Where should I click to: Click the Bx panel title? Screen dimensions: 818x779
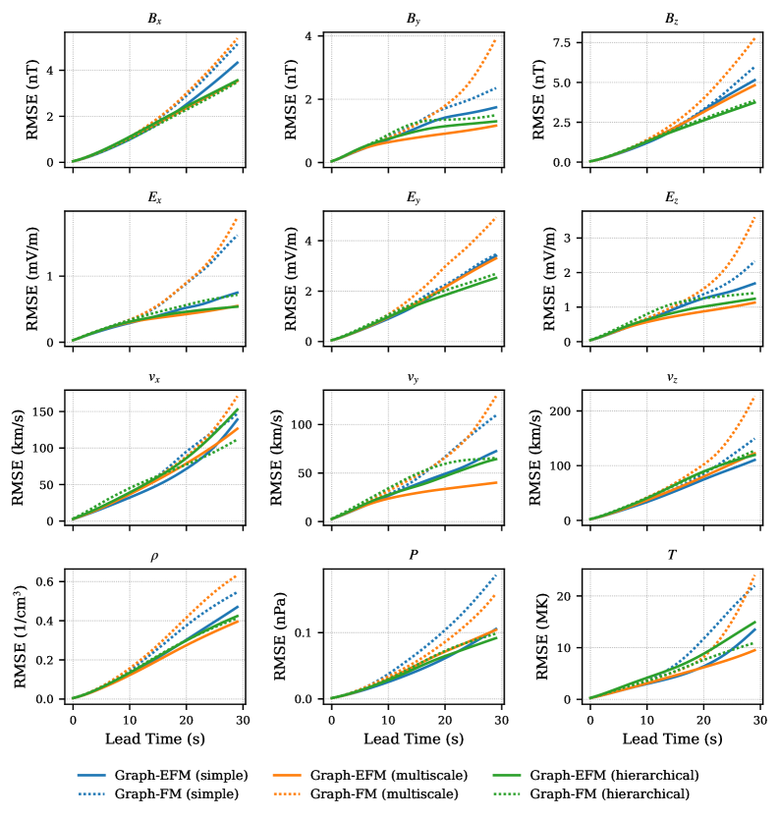click(155, 19)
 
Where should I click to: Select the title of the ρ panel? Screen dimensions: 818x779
click(155, 556)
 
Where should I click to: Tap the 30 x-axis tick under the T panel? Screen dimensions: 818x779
click(760, 720)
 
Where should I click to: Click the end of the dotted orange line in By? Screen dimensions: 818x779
click(497, 39)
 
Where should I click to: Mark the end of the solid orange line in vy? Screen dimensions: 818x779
click(497, 482)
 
